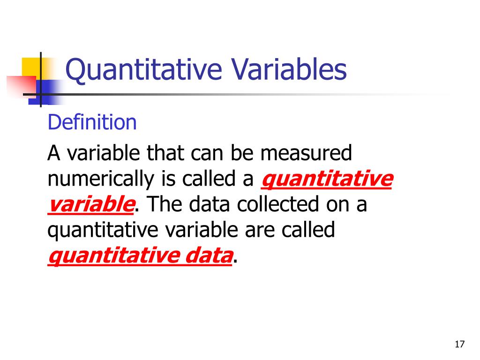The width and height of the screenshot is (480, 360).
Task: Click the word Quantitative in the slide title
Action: (x=143, y=70)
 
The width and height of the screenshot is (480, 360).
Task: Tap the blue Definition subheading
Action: (x=92, y=123)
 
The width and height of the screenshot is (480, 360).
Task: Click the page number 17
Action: (x=459, y=345)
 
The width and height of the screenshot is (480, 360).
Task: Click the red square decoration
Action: (x=21, y=85)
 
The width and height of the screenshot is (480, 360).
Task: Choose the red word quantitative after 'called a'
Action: (x=326, y=180)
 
